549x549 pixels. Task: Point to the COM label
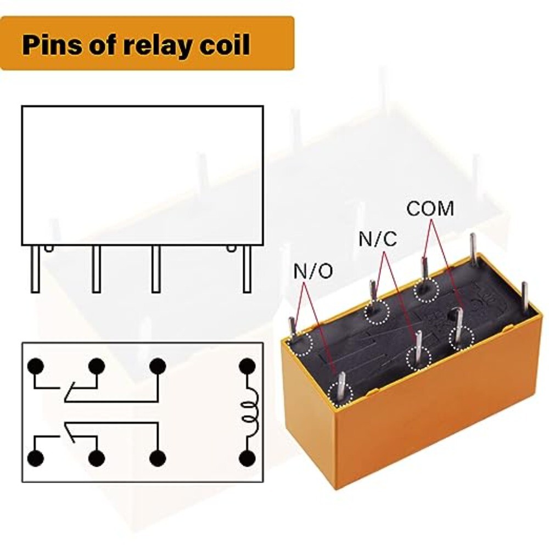pos(430,209)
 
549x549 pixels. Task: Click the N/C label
pos(378,239)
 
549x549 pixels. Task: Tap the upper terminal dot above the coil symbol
pos(247,366)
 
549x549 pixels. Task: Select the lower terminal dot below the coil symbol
pos(247,458)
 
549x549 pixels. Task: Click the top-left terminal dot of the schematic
pos(36,366)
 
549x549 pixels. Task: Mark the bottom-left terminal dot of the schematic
pos(36,458)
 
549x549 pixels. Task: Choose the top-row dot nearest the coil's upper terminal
pos(158,366)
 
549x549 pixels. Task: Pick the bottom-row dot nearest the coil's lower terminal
pos(158,458)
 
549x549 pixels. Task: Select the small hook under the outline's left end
pos(49,249)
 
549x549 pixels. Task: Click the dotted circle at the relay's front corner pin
pos(340,394)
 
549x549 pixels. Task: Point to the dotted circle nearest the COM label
pos(427,290)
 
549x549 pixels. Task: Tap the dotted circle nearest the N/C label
pos(377,312)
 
